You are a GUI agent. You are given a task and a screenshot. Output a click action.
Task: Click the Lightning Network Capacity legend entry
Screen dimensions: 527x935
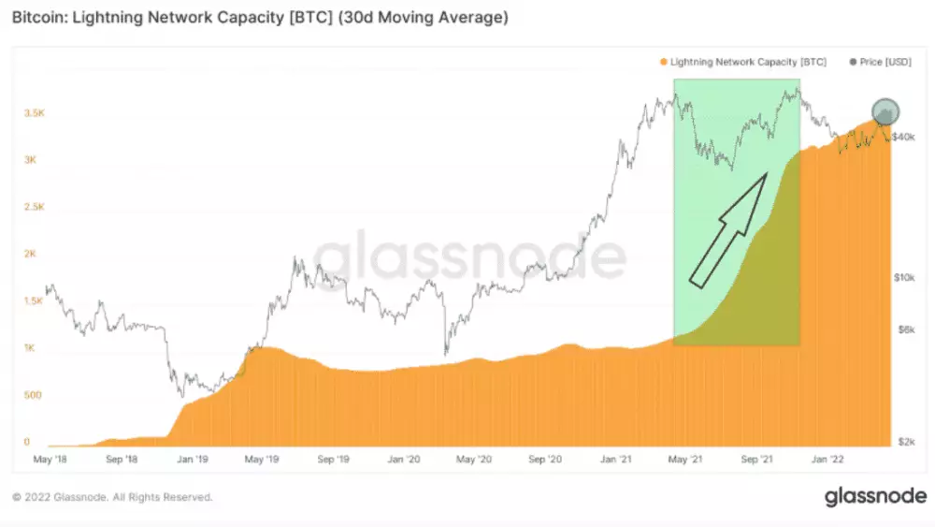[x=742, y=62]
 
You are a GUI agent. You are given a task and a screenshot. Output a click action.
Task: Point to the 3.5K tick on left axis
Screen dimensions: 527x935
[x=33, y=112]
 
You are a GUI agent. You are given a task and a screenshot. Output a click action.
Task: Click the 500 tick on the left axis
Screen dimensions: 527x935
[x=33, y=395]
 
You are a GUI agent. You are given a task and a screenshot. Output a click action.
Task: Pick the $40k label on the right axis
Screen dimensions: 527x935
[x=903, y=137]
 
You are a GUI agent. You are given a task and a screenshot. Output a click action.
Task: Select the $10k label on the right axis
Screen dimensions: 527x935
[x=903, y=278]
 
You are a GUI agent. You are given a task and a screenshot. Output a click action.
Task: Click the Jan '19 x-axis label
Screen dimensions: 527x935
[x=192, y=461]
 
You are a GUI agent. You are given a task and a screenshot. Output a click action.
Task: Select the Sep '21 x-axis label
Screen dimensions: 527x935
[x=758, y=461]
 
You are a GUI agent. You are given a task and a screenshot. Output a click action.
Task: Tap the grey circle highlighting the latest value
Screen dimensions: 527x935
[x=885, y=112]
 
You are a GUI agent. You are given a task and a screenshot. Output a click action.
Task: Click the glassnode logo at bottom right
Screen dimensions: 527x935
[x=875, y=496]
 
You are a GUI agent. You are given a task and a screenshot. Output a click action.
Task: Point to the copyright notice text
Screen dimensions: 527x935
[x=111, y=497]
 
